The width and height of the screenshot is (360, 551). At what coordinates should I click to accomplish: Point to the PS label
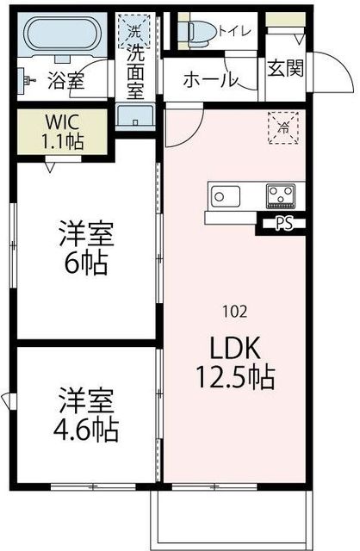(x=283, y=226)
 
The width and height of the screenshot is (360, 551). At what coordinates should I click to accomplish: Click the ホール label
(x=210, y=81)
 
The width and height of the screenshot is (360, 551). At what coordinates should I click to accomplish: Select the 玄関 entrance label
(x=284, y=69)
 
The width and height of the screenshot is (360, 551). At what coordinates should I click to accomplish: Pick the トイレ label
(x=235, y=32)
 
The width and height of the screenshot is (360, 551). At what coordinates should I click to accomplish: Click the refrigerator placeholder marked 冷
(x=282, y=127)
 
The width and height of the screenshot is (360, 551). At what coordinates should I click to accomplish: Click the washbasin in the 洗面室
(x=135, y=115)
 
